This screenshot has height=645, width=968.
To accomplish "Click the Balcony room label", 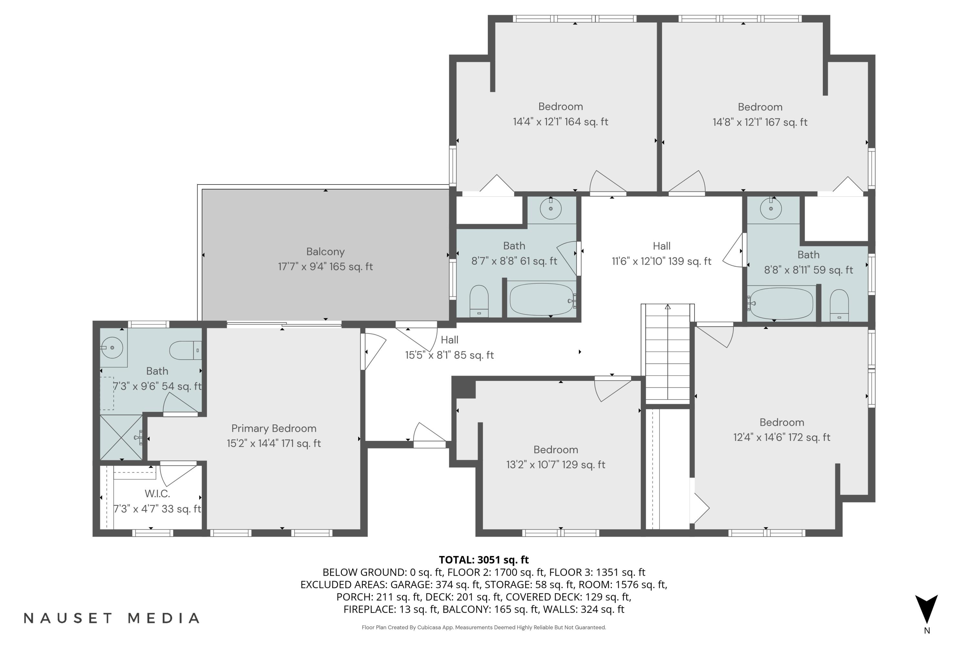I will [x=325, y=252].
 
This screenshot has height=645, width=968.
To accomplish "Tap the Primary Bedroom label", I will [x=274, y=428].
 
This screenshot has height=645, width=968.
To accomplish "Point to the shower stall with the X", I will [x=121, y=438].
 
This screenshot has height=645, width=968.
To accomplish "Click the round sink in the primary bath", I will [x=112, y=348].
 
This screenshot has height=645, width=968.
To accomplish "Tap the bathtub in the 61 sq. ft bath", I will [x=541, y=299].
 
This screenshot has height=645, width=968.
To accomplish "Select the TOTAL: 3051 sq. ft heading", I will [x=484, y=560].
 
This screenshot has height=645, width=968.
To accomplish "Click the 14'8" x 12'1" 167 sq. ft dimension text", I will [x=760, y=122].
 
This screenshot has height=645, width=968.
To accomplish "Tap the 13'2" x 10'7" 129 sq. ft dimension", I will [x=555, y=464].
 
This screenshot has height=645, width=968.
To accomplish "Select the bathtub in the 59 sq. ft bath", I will [x=780, y=303].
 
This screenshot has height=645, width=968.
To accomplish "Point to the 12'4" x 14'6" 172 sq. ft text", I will [x=781, y=437].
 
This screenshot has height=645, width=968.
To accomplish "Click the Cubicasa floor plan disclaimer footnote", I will [x=484, y=627].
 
